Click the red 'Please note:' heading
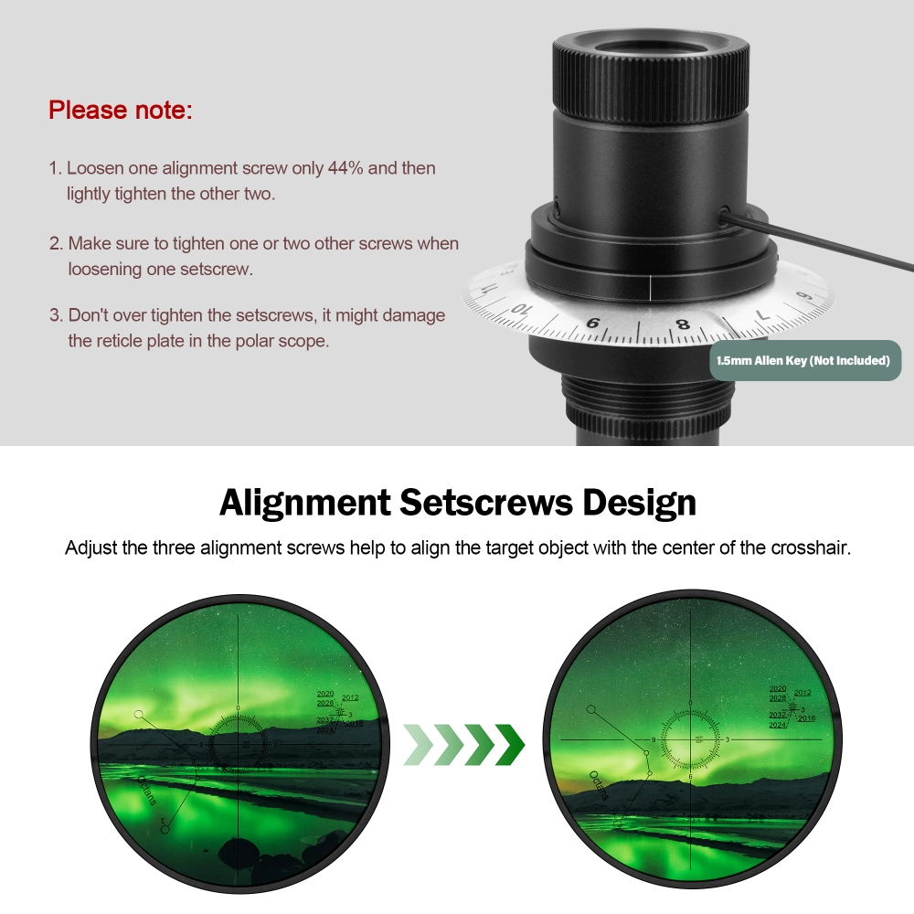coord(121,111)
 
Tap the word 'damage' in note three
coord(413,315)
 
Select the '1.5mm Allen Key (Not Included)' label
coord(805,360)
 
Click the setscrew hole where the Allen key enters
coord(724,217)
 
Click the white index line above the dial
coord(649,286)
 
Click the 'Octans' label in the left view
coord(147,790)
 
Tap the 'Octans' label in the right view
coord(599,785)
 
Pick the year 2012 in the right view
coord(802,693)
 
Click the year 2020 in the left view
coord(324,695)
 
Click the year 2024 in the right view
coord(778,725)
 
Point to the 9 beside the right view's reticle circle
coord(654,739)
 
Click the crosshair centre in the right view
coord(691,738)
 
